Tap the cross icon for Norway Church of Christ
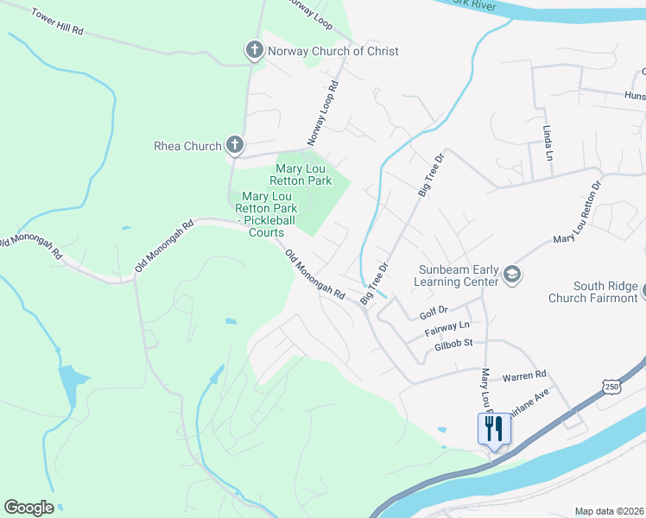[x=254, y=51]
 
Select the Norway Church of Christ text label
[x=333, y=51]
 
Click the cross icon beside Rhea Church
[x=234, y=145]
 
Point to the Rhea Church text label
[x=187, y=146]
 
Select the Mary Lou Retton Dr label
[x=577, y=212]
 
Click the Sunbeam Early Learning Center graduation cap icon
[x=511, y=275]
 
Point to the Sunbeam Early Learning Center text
[x=458, y=275]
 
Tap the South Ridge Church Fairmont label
[x=596, y=292]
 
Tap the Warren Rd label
[x=525, y=376]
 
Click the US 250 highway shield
[x=611, y=384]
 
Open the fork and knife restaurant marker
[x=494, y=428]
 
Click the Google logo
[x=28, y=508]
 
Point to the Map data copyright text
[x=610, y=511]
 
